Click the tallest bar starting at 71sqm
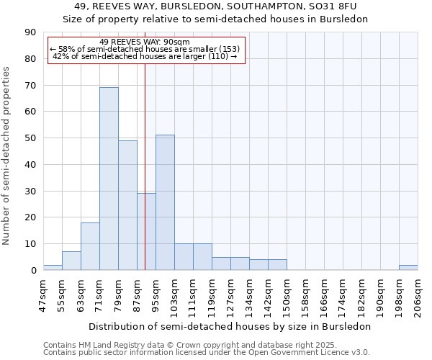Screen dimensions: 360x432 tap(109, 179)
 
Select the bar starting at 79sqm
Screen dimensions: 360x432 tap(127, 205)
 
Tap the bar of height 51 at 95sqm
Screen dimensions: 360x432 tap(165, 202)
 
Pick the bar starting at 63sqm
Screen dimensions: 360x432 tap(90, 246)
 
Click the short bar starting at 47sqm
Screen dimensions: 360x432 tap(53, 267)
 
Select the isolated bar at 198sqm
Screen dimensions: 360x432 tap(408, 267)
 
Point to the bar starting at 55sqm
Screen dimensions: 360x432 tap(71, 261)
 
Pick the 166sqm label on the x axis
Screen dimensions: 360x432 tap(325, 295)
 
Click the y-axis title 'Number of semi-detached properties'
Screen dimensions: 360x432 tap(7, 156)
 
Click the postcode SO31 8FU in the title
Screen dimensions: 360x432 tap(344, 6)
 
